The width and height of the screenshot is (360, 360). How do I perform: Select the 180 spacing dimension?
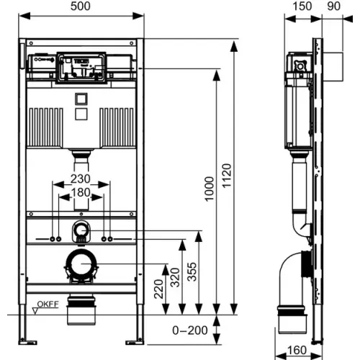tap(80, 193)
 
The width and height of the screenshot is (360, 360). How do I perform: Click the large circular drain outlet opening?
tap(81, 266)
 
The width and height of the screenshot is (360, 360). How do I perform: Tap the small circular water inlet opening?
tap(81, 231)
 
